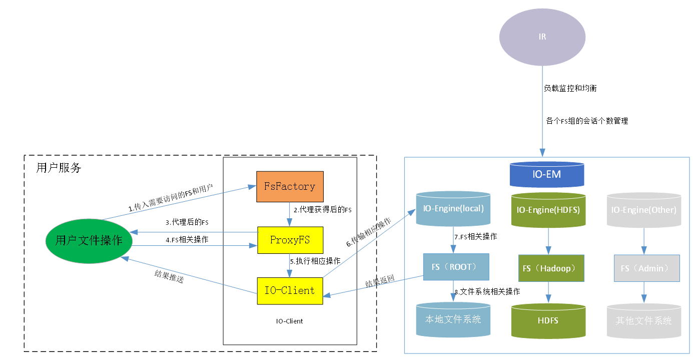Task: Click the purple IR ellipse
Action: [x=542, y=37]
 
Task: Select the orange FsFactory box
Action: [x=290, y=187]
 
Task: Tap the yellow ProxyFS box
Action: [x=290, y=240]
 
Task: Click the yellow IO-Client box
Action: [x=290, y=290]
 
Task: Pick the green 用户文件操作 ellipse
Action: [x=89, y=240]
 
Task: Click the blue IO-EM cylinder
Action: [x=546, y=175]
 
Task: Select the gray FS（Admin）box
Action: [x=646, y=268]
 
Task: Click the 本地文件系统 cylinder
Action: [x=453, y=319]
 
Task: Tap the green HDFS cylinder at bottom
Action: [x=548, y=320]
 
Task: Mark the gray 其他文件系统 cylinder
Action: [x=643, y=320]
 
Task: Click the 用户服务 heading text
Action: [x=59, y=168]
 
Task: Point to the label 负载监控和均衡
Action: [x=570, y=88]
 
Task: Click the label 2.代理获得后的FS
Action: [x=322, y=210]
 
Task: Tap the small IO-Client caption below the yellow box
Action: [x=289, y=321]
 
